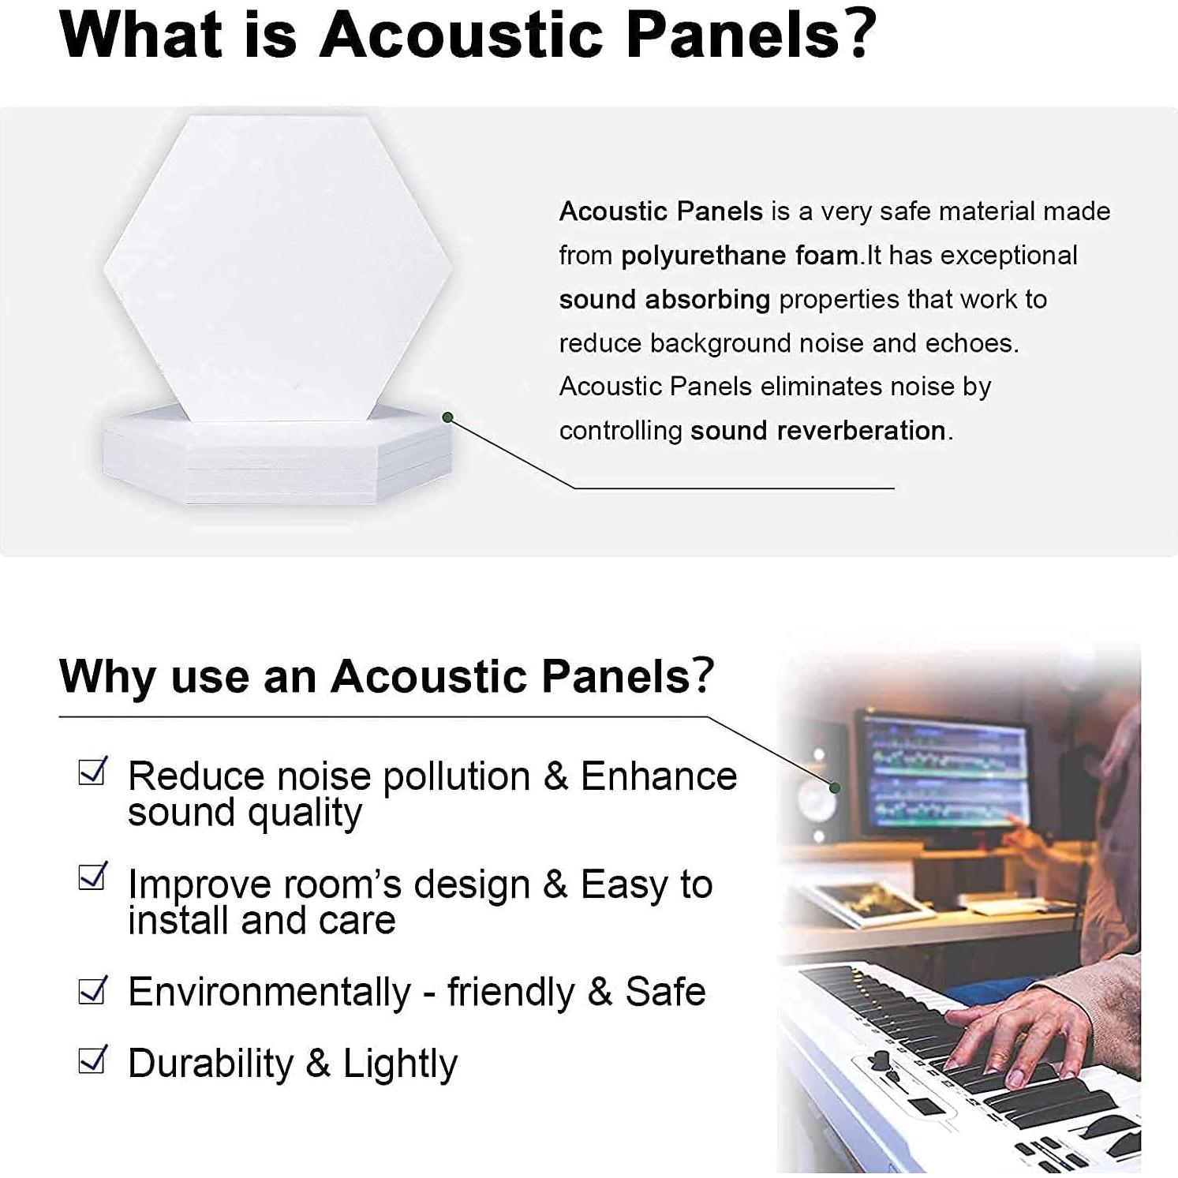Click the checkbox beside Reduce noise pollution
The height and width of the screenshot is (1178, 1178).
pyautogui.click(x=92, y=772)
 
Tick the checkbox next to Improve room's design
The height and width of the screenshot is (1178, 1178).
pyautogui.click(x=92, y=876)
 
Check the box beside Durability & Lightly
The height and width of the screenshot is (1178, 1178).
pyautogui.click(x=92, y=1059)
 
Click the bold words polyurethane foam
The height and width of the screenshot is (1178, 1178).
pyautogui.click(x=740, y=256)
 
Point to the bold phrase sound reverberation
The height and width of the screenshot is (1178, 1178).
pyautogui.click(x=818, y=431)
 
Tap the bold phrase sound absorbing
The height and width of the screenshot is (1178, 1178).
pyautogui.click(x=664, y=300)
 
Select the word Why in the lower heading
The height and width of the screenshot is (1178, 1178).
pyautogui.click(x=108, y=677)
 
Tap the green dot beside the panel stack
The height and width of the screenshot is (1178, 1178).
pyautogui.click(x=447, y=417)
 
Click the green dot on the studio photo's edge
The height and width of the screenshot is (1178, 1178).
pyautogui.click(x=835, y=787)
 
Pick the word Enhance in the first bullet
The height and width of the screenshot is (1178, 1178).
pyautogui.click(x=659, y=776)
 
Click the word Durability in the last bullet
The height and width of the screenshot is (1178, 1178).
pyautogui.click(x=211, y=1064)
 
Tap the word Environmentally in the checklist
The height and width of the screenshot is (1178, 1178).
pyautogui.click(x=270, y=993)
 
